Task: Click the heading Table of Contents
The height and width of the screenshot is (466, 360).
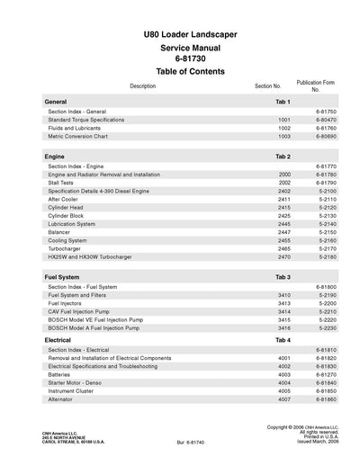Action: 184,71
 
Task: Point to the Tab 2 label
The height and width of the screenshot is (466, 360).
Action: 283,157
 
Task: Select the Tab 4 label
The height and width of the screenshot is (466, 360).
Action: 283,341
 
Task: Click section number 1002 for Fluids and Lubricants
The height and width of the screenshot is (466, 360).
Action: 284,128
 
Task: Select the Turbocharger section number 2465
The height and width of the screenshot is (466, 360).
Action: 284,249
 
